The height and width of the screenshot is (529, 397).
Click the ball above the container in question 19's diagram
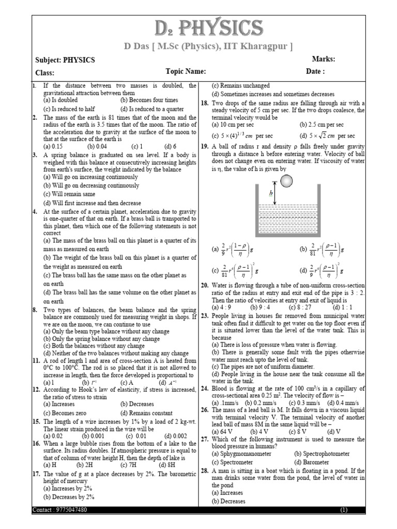pos(285,181)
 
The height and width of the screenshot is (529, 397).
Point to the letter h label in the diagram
pos(270,194)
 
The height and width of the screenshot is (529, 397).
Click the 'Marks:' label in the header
pos(324,59)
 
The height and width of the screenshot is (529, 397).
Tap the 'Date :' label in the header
pos(315,72)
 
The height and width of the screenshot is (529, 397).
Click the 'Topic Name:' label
pos(186,72)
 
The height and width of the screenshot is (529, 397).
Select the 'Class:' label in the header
pos(44,73)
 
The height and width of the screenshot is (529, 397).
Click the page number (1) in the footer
pos(344,510)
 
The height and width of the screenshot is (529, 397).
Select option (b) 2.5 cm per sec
pos(321,125)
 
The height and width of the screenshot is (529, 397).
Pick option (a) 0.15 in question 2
pos(54,146)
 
